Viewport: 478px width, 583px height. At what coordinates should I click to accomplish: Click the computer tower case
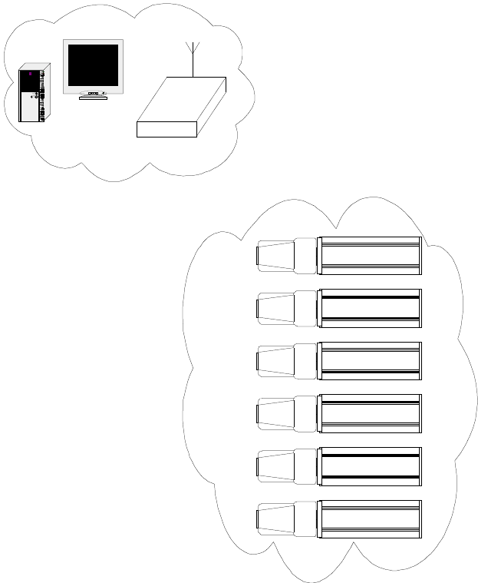pos(32,96)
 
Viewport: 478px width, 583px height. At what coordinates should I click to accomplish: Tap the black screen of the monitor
pos(93,65)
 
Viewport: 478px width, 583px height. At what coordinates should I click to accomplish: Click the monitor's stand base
pos(93,98)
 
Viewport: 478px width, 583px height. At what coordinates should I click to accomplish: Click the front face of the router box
pos(166,129)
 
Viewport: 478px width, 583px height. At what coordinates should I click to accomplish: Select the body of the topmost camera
pos(370,256)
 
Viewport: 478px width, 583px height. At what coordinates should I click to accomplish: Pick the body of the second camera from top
pos(370,308)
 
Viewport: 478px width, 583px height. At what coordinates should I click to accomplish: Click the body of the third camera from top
pos(370,360)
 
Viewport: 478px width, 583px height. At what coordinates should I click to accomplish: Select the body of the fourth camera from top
pos(370,413)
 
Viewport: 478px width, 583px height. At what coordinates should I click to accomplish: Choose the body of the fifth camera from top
pos(370,465)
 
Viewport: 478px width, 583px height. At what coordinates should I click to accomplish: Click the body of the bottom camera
pos(370,518)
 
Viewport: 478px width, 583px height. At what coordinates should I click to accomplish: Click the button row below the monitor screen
pos(93,93)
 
